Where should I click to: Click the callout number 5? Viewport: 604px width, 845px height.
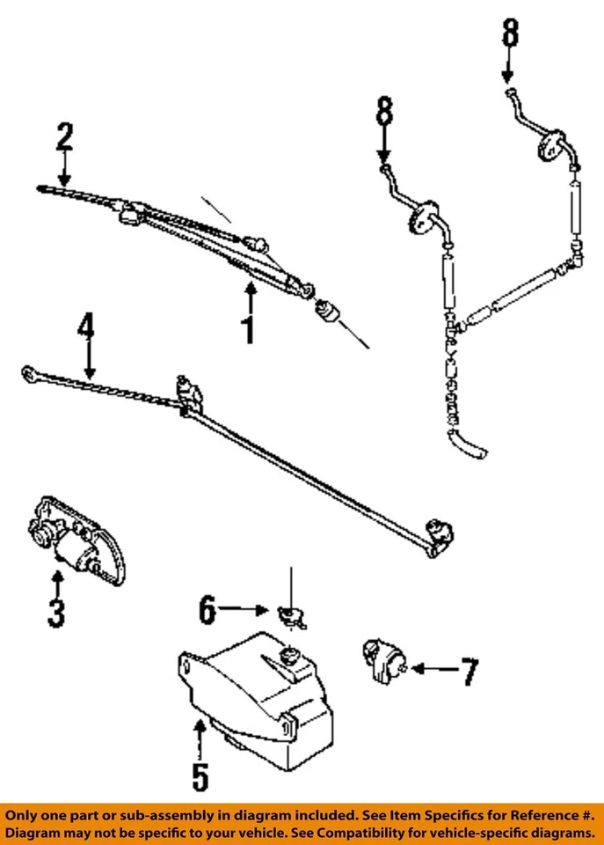click(x=200, y=775)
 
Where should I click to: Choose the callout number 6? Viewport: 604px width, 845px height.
click(x=207, y=609)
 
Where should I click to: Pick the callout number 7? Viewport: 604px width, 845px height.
click(x=469, y=672)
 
